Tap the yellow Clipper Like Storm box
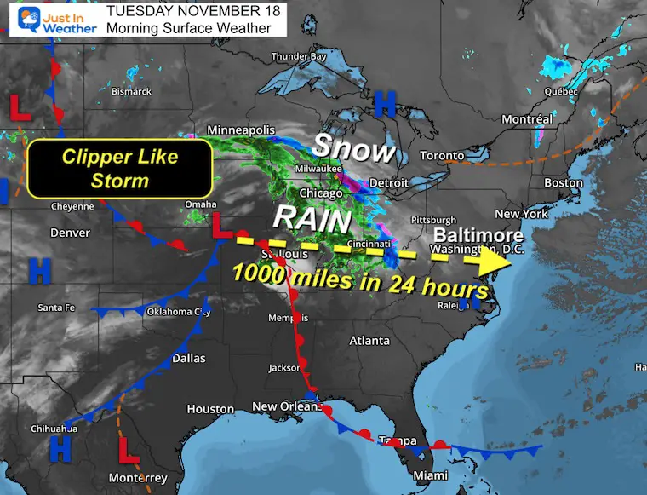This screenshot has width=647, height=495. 118,169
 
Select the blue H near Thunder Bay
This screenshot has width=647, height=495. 385,106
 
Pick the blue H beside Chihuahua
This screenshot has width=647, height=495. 60,447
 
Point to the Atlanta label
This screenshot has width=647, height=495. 369,340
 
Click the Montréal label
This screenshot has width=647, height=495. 527,120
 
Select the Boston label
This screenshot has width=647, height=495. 564,182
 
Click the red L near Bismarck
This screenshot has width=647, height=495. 14,106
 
